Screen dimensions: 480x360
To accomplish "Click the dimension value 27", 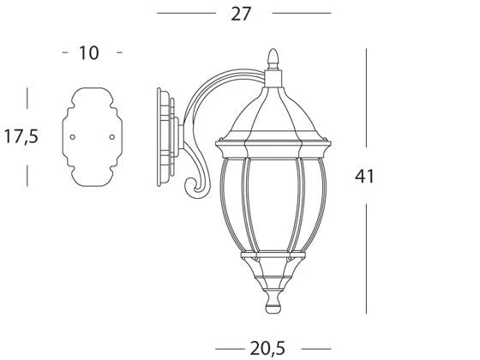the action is (x=241, y=14).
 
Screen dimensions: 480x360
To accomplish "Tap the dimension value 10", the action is (x=89, y=53).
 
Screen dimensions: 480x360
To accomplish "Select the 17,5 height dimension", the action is (x=21, y=136).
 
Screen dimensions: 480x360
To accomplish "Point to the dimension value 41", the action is (x=364, y=177).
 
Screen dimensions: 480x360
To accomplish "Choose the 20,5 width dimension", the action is (x=267, y=349).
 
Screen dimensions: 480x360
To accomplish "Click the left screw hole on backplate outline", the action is (x=73, y=137).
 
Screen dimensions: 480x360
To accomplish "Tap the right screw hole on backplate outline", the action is (x=112, y=137).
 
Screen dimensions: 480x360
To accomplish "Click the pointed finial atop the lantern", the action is (x=273, y=59).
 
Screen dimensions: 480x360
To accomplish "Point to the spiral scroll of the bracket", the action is (x=196, y=188).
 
